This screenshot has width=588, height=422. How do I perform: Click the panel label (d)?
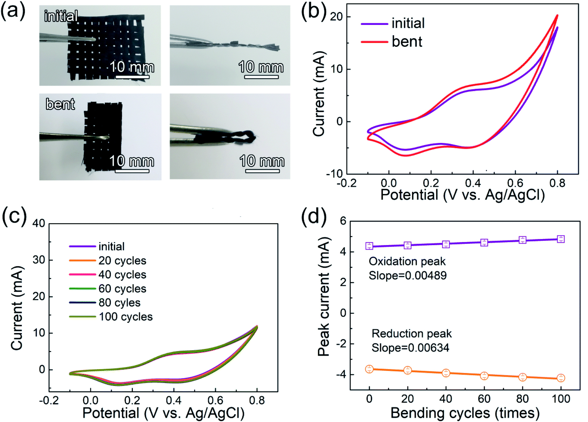point(314,217)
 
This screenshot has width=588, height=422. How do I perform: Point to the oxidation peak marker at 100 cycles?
point(561,239)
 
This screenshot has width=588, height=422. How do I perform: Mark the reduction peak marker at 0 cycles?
point(369,369)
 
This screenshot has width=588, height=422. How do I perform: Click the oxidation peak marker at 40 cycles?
point(446,244)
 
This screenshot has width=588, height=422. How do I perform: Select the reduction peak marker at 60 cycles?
point(484,376)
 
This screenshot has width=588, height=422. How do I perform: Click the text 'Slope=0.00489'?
point(407,275)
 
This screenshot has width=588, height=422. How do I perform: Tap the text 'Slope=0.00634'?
point(410,348)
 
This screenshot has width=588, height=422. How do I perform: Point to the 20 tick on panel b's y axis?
point(336,17)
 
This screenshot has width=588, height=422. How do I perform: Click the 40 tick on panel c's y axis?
point(38,223)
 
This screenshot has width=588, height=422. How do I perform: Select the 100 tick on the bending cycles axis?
point(561,398)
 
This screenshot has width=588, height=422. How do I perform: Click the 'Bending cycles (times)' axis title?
point(465,413)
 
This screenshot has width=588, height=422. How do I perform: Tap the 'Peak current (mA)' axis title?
point(324,297)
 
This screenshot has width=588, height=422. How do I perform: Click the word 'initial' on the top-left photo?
point(61,16)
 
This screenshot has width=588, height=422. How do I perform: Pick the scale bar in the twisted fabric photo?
point(261,77)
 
